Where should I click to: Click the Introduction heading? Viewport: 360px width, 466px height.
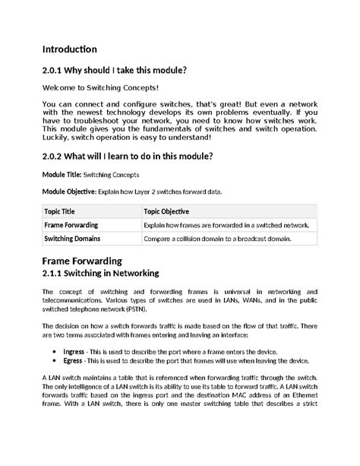click(69, 49)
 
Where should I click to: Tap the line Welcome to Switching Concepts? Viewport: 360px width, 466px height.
click(100, 89)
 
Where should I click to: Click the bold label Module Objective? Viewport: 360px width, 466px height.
click(67, 192)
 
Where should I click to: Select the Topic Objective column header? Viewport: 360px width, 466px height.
click(166, 211)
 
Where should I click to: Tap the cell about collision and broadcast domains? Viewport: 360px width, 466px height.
click(216, 239)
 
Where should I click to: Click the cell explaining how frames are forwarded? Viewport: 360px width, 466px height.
click(226, 226)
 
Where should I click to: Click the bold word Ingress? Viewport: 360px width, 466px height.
click(74, 352)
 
